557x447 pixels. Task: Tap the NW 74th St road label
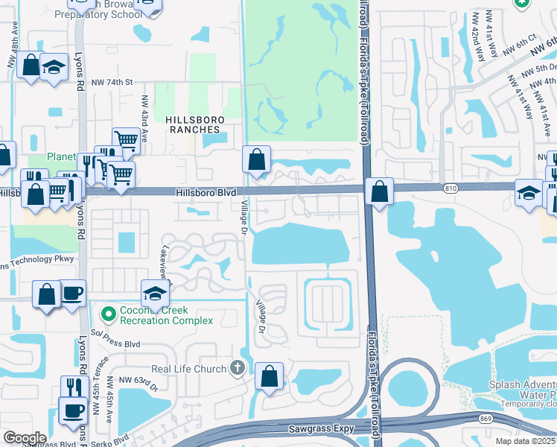pos(112,82)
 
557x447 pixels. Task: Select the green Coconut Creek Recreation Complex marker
pos(109,314)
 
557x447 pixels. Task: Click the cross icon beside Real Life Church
pos(237,368)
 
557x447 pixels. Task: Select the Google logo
pos(25,438)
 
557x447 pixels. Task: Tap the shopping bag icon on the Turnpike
pos(380,192)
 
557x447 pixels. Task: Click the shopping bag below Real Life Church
pos(269,377)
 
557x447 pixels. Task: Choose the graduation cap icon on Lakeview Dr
pos(156,293)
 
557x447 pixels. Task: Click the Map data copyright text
pos(524,441)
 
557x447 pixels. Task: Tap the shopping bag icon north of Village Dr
pos(256,160)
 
